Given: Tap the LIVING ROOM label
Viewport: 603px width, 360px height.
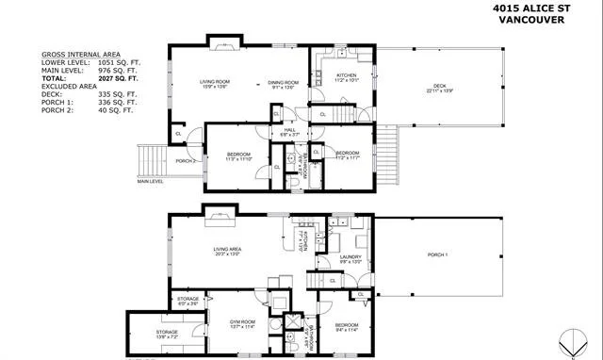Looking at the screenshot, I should click(x=214, y=83).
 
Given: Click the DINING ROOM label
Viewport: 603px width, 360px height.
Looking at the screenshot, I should click(x=284, y=83).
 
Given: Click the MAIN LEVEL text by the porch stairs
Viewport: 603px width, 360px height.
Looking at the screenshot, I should click(x=150, y=181).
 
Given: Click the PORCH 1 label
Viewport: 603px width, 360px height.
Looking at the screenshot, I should click(x=436, y=255).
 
